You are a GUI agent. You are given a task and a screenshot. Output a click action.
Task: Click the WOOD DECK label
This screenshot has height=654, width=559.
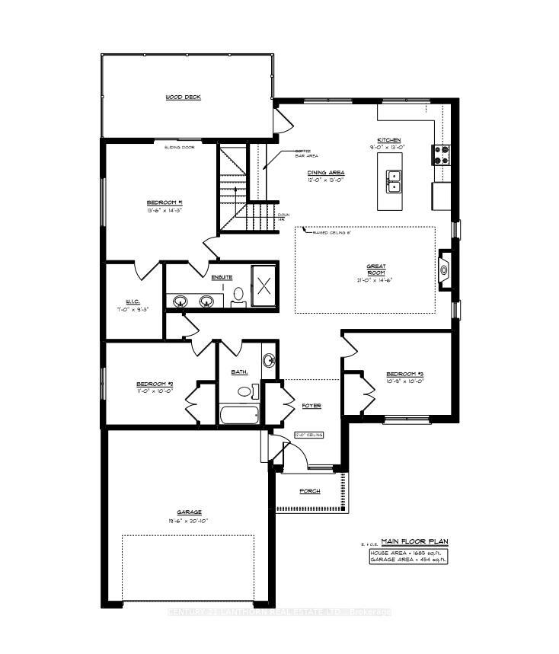[x=183, y=97]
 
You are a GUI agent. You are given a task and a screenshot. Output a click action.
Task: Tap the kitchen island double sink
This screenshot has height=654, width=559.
[x=394, y=180]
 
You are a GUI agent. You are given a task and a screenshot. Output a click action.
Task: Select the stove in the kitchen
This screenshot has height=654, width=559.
[x=442, y=155]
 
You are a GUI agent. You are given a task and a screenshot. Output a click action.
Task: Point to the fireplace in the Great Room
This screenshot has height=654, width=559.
[x=444, y=267]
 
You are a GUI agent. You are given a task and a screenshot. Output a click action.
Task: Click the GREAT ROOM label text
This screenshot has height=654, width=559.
[x=375, y=269]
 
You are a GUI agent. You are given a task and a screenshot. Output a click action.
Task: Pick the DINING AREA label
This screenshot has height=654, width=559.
[x=326, y=173]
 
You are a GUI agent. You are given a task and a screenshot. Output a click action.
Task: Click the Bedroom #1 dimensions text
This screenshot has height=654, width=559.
[x=164, y=211]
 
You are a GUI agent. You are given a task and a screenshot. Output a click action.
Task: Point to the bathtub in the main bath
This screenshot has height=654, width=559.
[x=238, y=416]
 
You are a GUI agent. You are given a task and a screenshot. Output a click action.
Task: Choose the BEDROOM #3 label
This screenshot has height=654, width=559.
[x=404, y=374]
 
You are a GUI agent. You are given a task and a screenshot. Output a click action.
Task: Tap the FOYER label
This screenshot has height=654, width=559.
[x=311, y=406]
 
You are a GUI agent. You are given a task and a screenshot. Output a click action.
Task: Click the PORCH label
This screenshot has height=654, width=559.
[x=309, y=491]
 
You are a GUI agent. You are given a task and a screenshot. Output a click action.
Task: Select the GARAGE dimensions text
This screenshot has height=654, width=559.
[x=184, y=521]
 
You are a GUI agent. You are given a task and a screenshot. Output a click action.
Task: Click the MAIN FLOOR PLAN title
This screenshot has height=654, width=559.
[x=415, y=541]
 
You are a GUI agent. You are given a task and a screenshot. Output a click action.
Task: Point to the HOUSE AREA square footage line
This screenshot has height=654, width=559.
[x=408, y=552]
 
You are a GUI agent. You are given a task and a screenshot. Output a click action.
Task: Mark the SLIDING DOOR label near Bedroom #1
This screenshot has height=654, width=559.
[x=180, y=147]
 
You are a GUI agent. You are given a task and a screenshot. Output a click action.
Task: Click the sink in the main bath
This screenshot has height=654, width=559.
[x=268, y=361]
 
